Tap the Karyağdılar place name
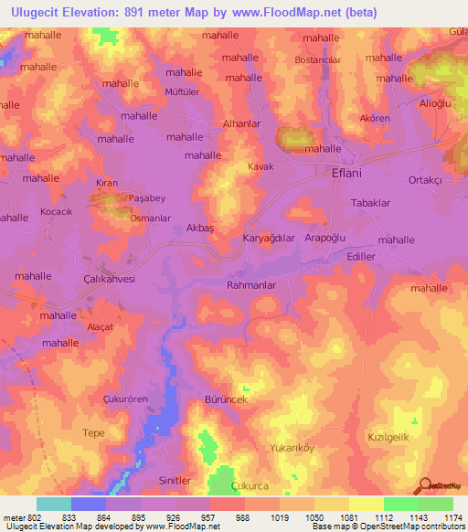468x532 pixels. pos(269,239)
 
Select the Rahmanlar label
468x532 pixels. pos(250,285)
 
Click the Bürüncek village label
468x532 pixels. pos(226,400)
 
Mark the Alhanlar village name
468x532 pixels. pos(242,122)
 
